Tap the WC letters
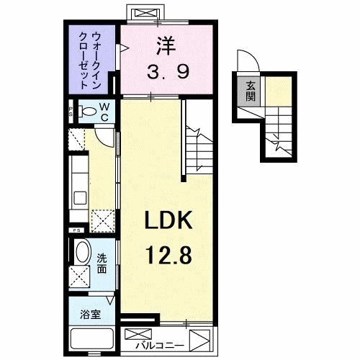(x=104, y=112)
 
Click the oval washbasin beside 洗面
(x=81, y=254)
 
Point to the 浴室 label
(x=90, y=315)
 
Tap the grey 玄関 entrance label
(x=250, y=91)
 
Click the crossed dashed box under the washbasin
(x=81, y=276)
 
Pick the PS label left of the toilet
(x=71, y=112)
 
